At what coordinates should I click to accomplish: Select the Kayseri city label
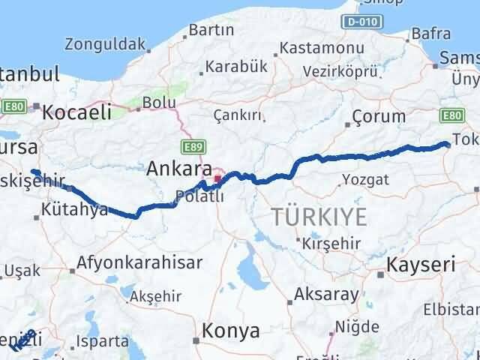[x=421, y=265]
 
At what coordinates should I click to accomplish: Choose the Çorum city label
[x=379, y=116]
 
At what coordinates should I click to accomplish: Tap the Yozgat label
[x=365, y=179]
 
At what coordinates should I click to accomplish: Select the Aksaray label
[x=326, y=294]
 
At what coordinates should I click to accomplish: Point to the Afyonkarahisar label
[x=140, y=263]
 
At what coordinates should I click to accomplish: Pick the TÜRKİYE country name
[x=319, y=217]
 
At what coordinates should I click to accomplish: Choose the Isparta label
[x=101, y=341]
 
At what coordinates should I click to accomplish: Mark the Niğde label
[x=355, y=326]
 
